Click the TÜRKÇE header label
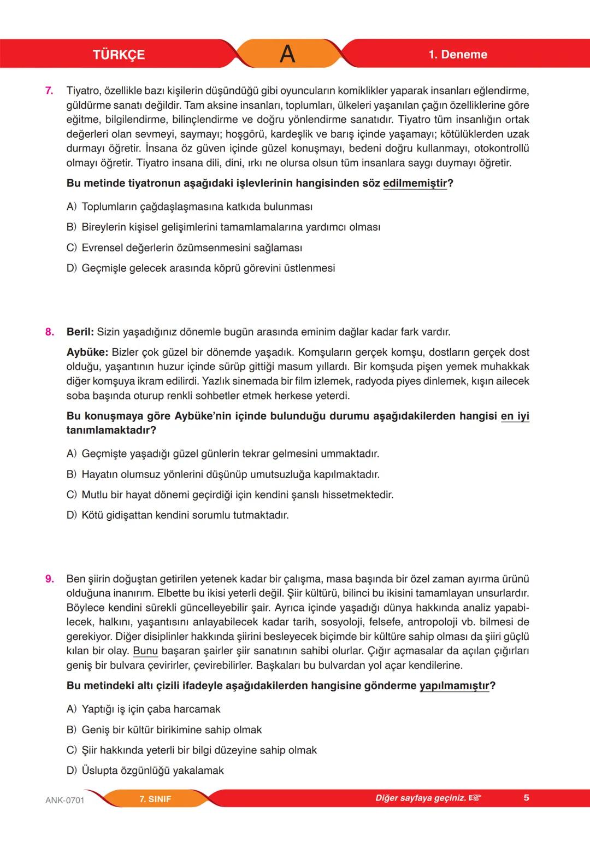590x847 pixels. (x=119, y=55)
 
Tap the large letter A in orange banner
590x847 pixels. (x=287, y=54)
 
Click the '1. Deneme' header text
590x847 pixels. (x=458, y=54)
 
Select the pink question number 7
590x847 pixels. (x=49, y=91)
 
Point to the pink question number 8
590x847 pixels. (x=49, y=332)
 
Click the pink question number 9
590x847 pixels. (x=49, y=579)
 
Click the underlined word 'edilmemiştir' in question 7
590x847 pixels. (x=415, y=183)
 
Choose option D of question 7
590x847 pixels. (x=200, y=268)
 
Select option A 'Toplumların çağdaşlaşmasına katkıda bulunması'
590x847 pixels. (x=190, y=207)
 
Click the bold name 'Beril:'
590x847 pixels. (x=80, y=332)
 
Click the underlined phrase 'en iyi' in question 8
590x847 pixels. (x=515, y=416)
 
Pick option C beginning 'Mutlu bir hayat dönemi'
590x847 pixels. (x=229, y=495)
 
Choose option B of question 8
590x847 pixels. (x=223, y=474)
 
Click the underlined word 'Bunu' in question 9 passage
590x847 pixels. (x=145, y=651)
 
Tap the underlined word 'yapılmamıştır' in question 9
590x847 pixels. (x=454, y=686)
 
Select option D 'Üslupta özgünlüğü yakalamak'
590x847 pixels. (x=145, y=771)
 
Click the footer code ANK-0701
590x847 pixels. (x=64, y=801)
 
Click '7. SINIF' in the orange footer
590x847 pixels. (x=155, y=799)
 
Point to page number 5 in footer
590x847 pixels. (x=526, y=798)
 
